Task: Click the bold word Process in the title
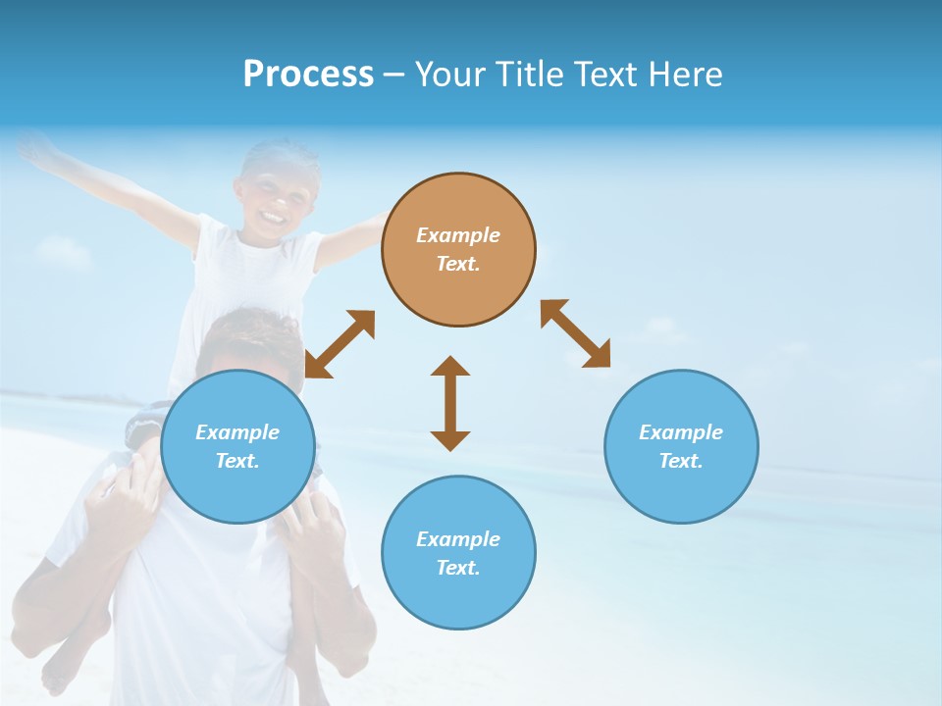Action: (x=308, y=75)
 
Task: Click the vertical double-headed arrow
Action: (x=450, y=403)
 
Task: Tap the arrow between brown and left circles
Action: (x=340, y=344)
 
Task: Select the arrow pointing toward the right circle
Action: (x=575, y=333)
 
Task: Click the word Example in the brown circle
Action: (x=458, y=235)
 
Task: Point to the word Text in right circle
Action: (x=681, y=461)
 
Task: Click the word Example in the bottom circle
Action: (x=458, y=538)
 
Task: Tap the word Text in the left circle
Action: (x=237, y=461)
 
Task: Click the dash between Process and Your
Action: (x=394, y=76)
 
